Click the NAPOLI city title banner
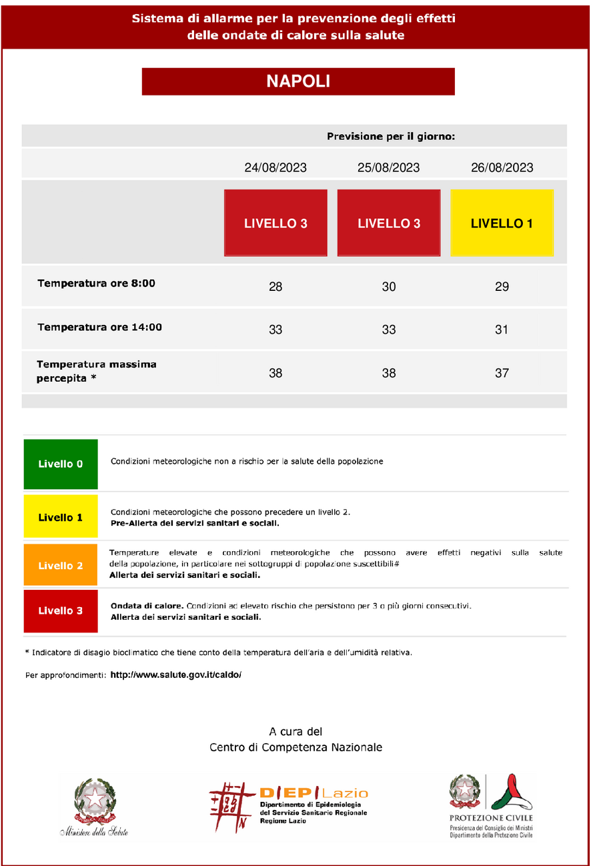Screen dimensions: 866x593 (x=298, y=81)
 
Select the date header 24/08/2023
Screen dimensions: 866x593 (x=275, y=167)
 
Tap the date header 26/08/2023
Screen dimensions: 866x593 (x=502, y=167)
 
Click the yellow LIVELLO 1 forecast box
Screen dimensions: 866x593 (x=502, y=224)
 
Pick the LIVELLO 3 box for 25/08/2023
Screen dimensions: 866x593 (x=389, y=224)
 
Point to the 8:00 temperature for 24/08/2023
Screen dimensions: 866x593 (x=275, y=287)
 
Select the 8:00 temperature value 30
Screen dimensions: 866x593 (x=389, y=287)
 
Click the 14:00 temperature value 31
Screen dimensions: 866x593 (x=502, y=330)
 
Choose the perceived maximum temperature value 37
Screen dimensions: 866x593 (x=502, y=374)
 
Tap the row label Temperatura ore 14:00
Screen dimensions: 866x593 (x=99, y=328)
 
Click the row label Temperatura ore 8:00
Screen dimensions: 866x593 (x=96, y=284)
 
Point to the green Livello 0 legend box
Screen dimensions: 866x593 (x=61, y=464)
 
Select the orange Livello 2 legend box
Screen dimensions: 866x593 (x=61, y=566)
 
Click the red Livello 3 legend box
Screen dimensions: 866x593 (x=61, y=610)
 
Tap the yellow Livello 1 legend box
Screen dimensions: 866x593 (x=61, y=517)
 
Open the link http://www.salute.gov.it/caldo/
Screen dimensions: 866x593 (x=175, y=675)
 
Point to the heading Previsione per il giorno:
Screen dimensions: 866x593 (x=391, y=137)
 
